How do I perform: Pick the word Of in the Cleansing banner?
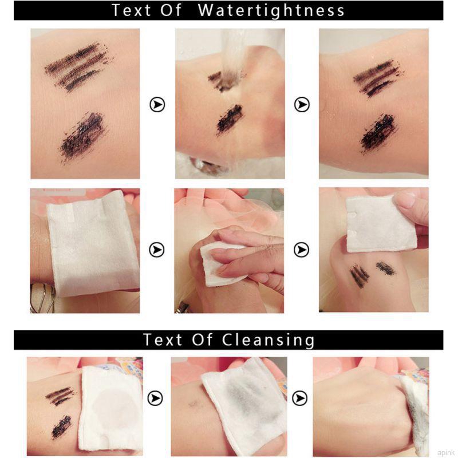[x=200, y=339]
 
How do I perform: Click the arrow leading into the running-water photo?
[x=157, y=105]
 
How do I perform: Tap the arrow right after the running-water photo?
[x=302, y=105]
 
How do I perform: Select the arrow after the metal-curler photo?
[x=157, y=250]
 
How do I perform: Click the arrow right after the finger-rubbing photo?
[x=302, y=250]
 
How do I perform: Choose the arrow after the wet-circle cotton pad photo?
[x=156, y=398]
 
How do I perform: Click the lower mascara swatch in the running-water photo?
[x=229, y=119]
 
